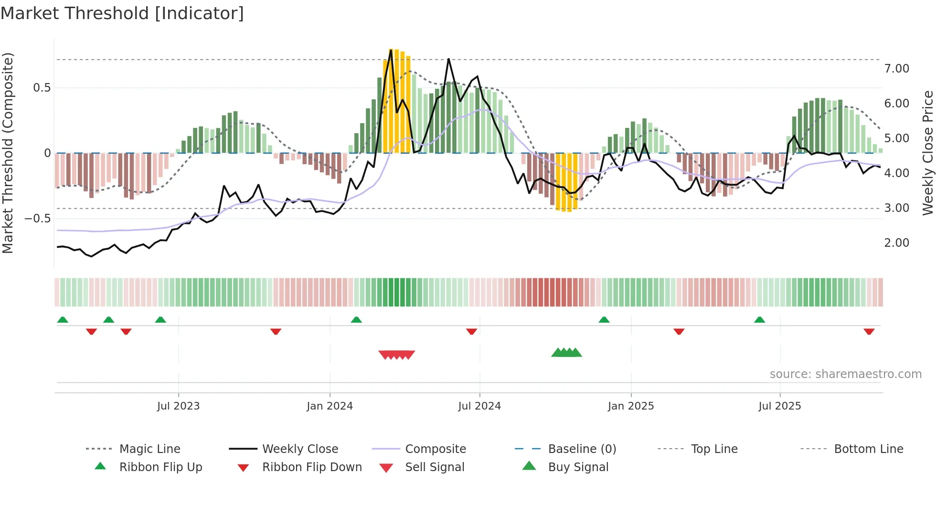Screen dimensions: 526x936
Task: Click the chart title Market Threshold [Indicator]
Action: coord(122,13)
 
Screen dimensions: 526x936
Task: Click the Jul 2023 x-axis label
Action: coord(178,406)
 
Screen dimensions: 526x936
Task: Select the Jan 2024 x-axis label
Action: coord(330,406)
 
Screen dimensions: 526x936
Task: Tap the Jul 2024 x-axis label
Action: coord(479,406)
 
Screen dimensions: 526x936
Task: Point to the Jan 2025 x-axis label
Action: coord(631,406)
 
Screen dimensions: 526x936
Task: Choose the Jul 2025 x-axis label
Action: coord(780,406)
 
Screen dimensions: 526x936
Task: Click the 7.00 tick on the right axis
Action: coord(896,69)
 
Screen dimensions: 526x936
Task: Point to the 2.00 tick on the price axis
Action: coord(896,243)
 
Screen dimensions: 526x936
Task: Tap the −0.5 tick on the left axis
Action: coord(37,219)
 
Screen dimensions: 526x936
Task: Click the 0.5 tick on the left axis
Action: coord(42,88)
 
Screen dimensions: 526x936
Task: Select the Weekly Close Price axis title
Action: coord(927,153)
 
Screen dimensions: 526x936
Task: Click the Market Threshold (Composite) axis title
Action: coord(8,153)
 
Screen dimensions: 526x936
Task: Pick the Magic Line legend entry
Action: coord(149,449)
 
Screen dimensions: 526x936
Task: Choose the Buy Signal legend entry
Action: coord(578,467)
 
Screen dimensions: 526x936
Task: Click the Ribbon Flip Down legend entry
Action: coord(311,467)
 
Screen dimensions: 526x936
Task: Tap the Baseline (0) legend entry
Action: coord(582,449)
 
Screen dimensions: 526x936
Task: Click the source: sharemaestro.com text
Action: coord(845,374)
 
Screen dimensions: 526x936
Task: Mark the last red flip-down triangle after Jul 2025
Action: coord(869,331)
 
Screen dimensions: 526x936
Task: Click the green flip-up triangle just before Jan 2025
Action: coord(604,320)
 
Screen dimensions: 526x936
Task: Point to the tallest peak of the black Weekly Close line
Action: coord(391,50)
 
